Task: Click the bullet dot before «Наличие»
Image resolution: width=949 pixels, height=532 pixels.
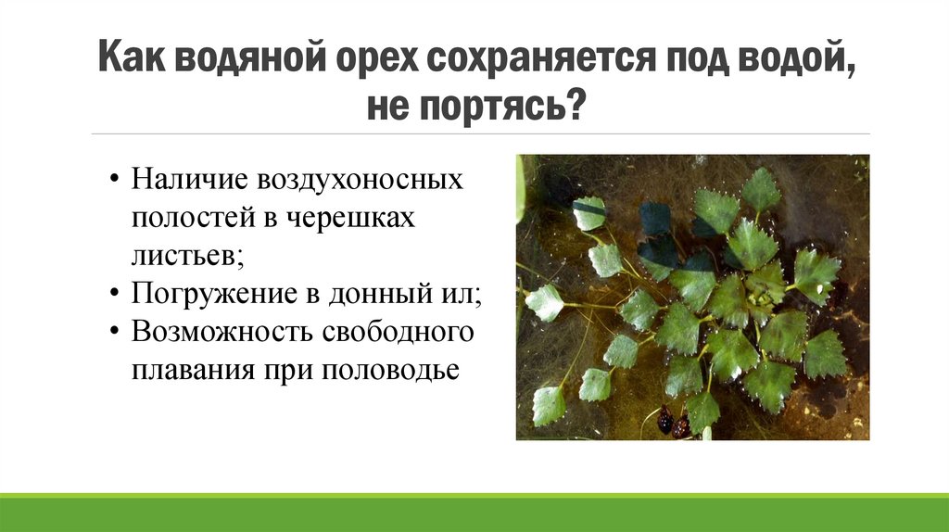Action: [113, 180]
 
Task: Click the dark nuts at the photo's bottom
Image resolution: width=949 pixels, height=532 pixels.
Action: [673, 424]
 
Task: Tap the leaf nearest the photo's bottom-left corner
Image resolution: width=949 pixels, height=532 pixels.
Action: [548, 405]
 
